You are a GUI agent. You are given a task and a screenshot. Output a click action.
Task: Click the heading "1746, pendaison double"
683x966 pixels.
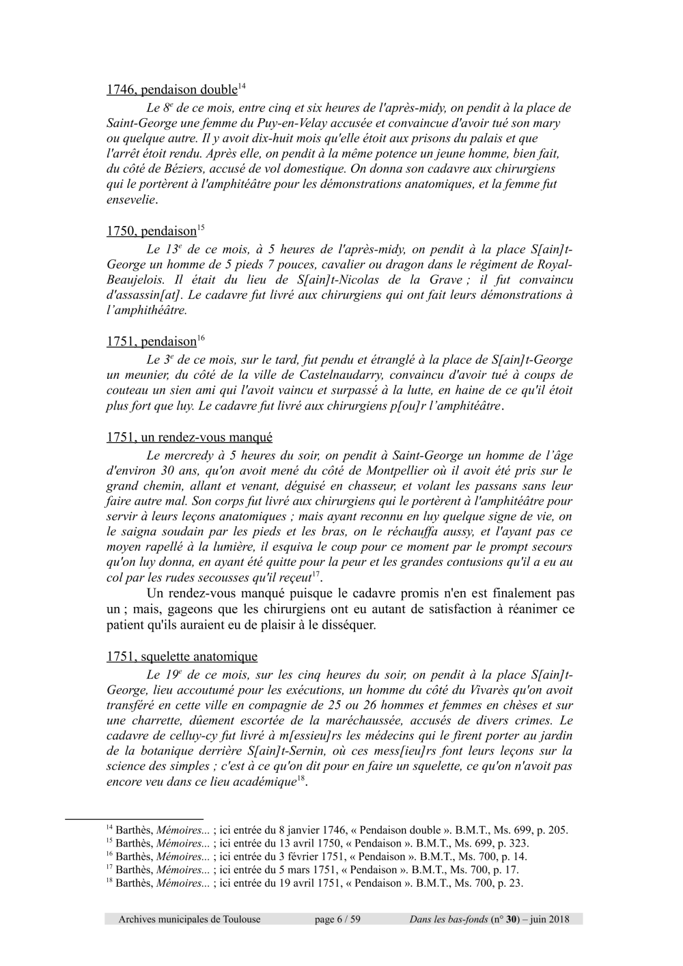click(171, 90)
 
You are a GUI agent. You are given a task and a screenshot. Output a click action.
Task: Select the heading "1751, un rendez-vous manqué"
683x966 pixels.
click(189, 438)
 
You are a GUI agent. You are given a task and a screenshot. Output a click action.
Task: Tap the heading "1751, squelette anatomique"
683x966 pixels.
click(182, 657)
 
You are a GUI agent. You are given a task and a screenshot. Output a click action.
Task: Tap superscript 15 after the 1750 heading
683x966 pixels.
click(201, 227)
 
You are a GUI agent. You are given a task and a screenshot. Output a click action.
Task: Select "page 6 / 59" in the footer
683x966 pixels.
click(337, 920)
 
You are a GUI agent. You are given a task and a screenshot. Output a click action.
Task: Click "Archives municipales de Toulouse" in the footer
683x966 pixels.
click(189, 920)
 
